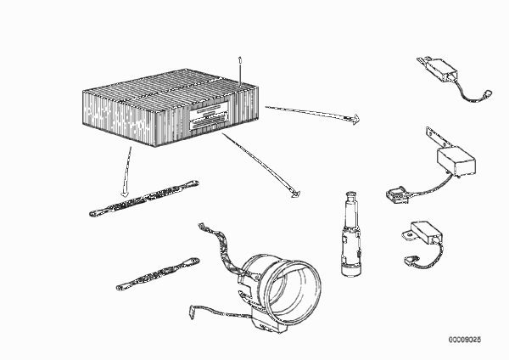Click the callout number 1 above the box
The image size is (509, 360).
[240, 59]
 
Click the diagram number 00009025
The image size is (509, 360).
[465, 340]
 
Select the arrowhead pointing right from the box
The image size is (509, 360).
[355, 119]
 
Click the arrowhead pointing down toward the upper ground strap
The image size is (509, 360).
[125, 194]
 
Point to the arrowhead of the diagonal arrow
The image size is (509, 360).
[296, 194]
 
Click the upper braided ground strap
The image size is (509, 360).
[144, 198]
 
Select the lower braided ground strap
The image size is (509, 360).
[158, 274]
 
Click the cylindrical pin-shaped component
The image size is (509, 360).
[350, 234]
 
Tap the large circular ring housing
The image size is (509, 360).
[282, 284]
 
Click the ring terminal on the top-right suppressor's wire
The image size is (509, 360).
[488, 94]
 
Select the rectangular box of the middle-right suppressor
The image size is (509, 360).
[456, 160]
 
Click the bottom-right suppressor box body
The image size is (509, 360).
[426, 232]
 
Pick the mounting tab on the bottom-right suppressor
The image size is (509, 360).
[408, 235]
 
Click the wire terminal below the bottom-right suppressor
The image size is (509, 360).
[411, 259]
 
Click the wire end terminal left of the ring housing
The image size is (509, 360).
[192, 311]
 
